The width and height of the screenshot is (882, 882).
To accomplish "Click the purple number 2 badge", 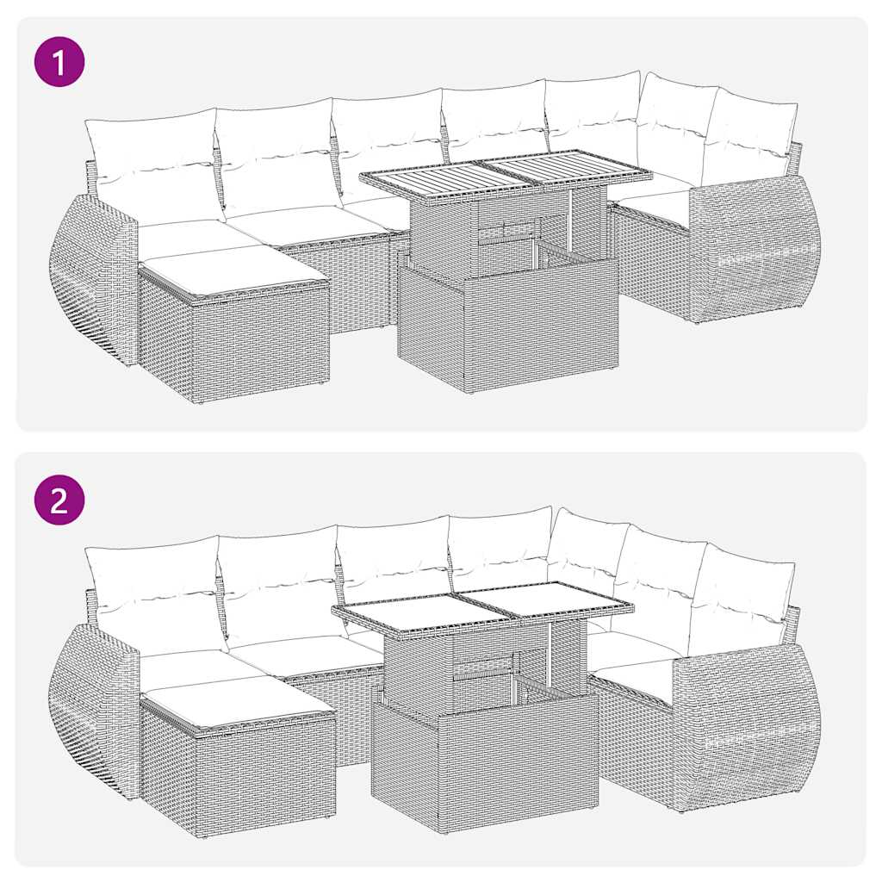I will click(59, 500).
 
